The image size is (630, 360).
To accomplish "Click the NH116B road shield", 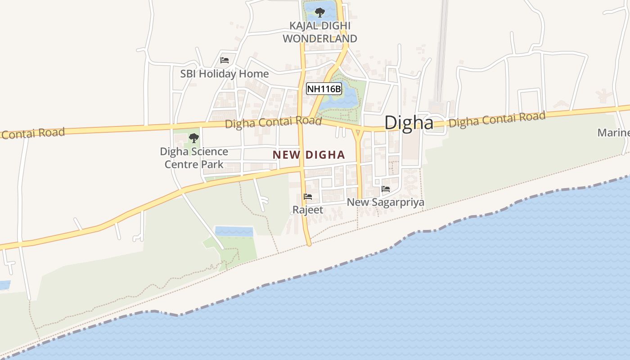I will click(x=324, y=89).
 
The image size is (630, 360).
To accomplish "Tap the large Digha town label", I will click(x=409, y=123).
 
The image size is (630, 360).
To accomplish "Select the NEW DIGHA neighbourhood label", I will click(x=309, y=155).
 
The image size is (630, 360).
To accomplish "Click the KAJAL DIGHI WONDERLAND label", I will click(x=320, y=32).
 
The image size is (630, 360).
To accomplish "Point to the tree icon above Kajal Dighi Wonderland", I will click(x=320, y=12).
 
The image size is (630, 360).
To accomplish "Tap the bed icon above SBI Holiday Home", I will click(x=225, y=60).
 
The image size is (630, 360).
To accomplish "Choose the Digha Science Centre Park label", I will click(x=194, y=157).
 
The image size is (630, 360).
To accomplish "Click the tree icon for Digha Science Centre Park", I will click(x=194, y=138).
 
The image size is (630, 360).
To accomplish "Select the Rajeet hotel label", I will click(x=308, y=210).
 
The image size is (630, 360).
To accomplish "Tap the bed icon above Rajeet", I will click(x=308, y=197).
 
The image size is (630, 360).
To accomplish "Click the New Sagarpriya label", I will click(x=385, y=202).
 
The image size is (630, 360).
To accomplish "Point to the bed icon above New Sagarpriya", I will click(x=386, y=189).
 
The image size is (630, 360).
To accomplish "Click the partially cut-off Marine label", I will click(x=614, y=133).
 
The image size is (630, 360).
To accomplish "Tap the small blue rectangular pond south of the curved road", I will click(x=234, y=231).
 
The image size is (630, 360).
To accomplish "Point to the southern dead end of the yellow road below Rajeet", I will click(x=309, y=244).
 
